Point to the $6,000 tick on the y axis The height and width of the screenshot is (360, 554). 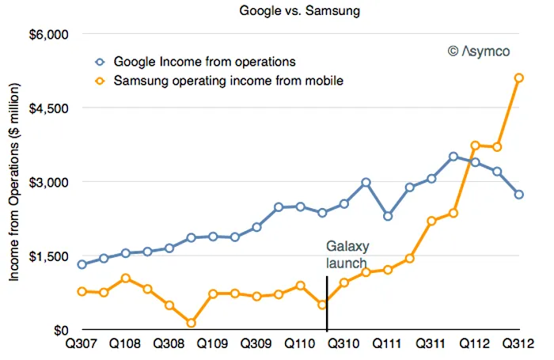[50, 34]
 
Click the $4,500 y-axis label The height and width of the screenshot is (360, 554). [50, 108]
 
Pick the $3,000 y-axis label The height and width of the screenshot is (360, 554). [50, 182]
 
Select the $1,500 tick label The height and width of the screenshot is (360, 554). [50, 256]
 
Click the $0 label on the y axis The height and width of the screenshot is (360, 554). [60, 330]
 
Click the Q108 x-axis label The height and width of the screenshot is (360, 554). [125, 347]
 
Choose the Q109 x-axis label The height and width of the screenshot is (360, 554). [212, 347]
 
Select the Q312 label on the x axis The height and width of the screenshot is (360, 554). [519, 347]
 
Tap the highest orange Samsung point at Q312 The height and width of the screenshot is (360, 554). [518, 78]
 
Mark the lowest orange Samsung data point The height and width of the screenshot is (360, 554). [192, 323]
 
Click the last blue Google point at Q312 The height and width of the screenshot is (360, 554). [518, 194]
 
